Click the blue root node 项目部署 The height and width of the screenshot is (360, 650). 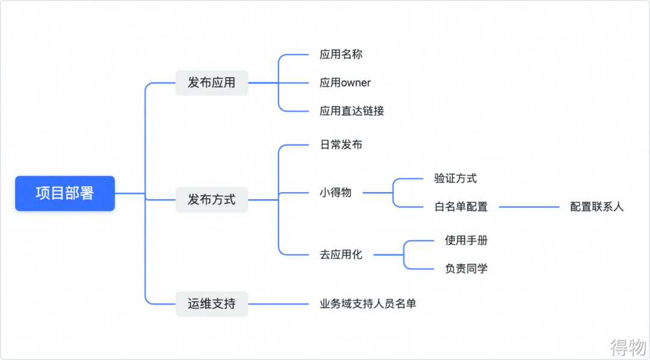click(65, 193)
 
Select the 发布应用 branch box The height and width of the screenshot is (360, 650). click(212, 82)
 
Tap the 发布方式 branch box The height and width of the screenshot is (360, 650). click(212, 199)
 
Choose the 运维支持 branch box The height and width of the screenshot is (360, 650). click(212, 303)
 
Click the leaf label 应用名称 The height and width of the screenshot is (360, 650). click(341, 54)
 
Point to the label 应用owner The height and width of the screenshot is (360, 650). click(345, 82)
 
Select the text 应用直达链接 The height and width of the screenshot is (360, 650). click(351, 111)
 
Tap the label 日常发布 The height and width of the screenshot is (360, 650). click(341, 144)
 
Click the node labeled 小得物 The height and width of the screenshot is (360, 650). click(335, 193)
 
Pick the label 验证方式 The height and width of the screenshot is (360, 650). click(455, 178)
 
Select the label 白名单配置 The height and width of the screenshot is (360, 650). click(460, 206)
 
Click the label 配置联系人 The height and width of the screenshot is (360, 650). click(597, 206)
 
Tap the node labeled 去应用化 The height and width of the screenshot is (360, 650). click(341, 255)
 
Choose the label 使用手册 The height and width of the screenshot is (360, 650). click(466, 240)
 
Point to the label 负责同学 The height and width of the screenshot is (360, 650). click(466, 268)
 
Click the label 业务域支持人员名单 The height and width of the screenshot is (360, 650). click(368, 303)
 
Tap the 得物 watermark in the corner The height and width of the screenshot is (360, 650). click(627, 347)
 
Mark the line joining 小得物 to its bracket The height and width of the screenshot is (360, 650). click(377, 193)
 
